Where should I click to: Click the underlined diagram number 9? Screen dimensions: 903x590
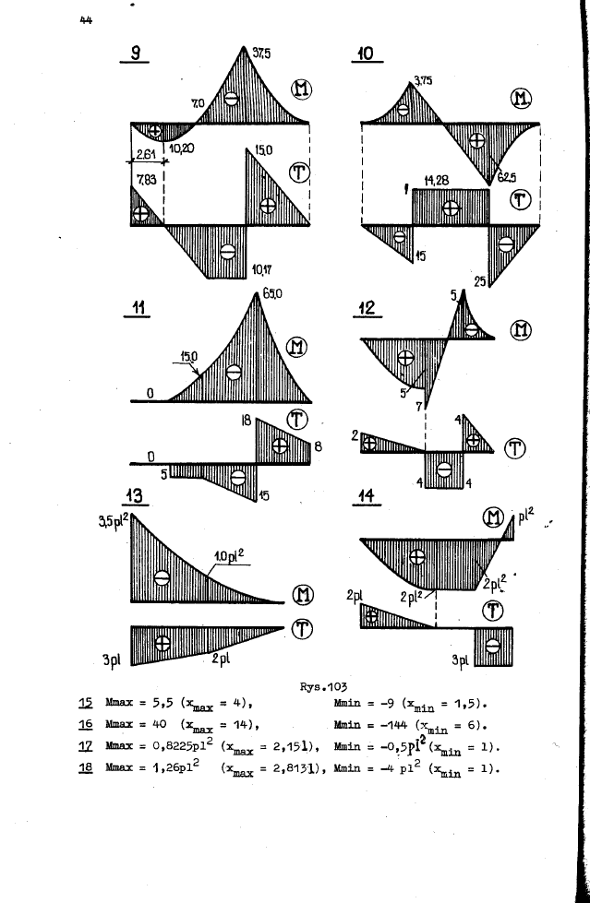click(135, 53)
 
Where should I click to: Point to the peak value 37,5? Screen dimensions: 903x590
click(263, 53)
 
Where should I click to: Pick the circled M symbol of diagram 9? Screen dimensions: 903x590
click(302, 89)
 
